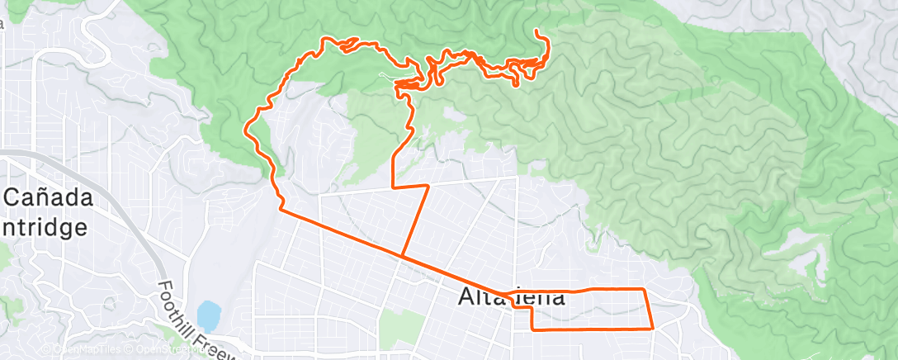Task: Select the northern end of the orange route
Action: (537, 31)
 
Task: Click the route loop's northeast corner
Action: (644, 290)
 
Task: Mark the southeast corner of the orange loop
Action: (653, 328)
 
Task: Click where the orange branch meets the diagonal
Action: (402, 255)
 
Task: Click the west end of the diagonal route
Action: (282, 211)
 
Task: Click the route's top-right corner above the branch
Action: (428, 186)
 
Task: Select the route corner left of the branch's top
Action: (392, 187)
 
